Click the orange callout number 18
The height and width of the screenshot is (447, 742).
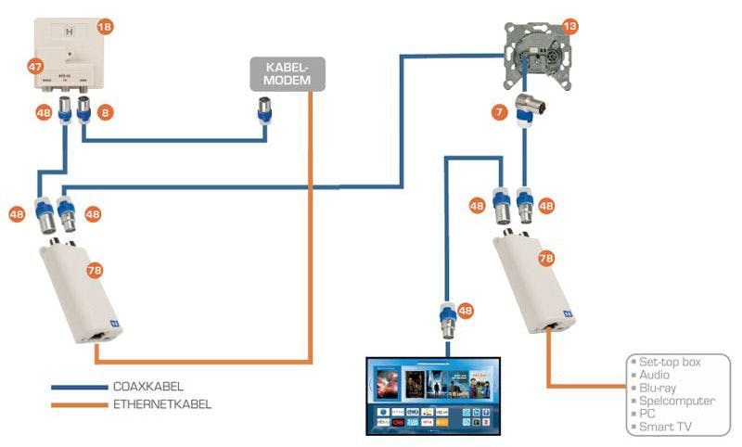coord(105,27)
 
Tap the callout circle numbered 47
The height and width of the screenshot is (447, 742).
coord(34,67)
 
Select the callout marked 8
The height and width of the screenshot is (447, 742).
coord(106,113)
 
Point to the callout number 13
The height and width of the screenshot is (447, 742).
coord(569,26)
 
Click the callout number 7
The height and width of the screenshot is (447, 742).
coord(499,112)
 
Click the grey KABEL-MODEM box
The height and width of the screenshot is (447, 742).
coord(288,74)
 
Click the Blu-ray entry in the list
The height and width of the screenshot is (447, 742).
coord(655,388)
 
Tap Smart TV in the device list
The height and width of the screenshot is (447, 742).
coord(662,428)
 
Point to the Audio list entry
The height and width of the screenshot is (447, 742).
coord(653,375)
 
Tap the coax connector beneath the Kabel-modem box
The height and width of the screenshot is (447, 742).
coord(263,118)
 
